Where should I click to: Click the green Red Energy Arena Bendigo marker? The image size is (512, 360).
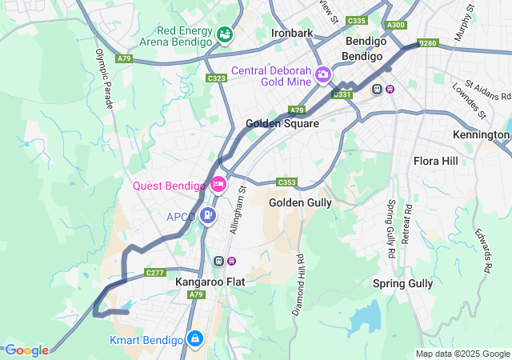[225, 35]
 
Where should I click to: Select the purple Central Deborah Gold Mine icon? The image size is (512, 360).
[323, 75]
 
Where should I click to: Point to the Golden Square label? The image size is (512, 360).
[282, 124]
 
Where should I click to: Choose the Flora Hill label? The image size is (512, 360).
[436, 161]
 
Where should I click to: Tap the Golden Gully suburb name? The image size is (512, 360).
[300, 202]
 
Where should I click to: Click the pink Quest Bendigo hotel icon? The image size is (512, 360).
[218, 186]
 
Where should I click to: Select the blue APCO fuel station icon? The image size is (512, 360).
[208, 215]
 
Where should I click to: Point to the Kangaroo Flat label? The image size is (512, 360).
[210, 282]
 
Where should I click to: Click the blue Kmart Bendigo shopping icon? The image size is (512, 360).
[194, 339]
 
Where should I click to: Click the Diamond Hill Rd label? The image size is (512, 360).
[298, 285]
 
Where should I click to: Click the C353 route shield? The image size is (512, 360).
[287, 182]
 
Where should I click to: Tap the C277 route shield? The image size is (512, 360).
[154, 273]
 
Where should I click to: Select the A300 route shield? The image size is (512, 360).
[394, 25]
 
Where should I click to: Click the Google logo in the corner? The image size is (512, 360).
[26, 350]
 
